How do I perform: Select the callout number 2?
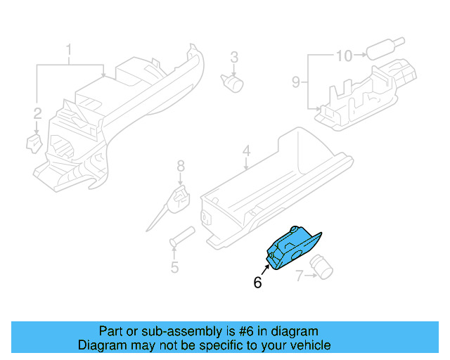tap(37, 112)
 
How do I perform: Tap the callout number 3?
tap(235, 56)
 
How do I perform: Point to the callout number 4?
tap(246, 150)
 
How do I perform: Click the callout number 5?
tap(174, 267)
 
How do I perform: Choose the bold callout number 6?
tap(257, 283)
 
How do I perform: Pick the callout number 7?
tap(299, 276)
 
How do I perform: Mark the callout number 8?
tap(181, 166)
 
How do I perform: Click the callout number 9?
tap(296, 82)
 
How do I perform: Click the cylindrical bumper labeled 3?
tap(233, 83)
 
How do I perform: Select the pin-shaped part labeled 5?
tap(182, 236)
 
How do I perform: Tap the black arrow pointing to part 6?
tap(266, 269)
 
